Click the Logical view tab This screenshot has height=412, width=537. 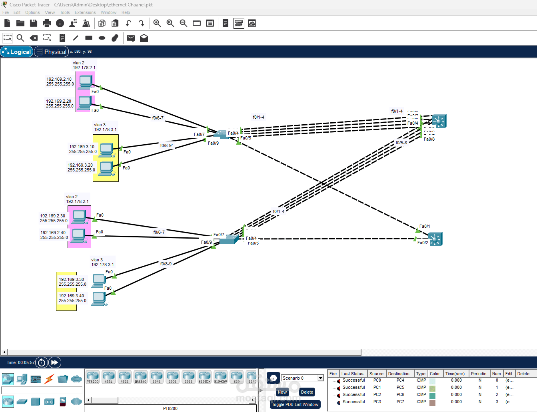17,52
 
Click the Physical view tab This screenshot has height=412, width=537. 51,52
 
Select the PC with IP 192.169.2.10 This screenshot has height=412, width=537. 85,82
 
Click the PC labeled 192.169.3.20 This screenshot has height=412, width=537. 106,168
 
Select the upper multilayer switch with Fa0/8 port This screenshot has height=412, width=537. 439,121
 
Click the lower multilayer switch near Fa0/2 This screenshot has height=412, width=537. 435,239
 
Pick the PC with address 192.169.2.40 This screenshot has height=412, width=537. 78,235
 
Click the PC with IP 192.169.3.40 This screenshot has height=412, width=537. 98,298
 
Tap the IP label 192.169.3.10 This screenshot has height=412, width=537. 82,147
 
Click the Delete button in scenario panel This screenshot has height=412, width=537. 307,392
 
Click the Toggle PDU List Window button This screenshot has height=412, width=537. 295,404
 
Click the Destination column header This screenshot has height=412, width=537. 398,374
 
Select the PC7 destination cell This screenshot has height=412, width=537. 400,402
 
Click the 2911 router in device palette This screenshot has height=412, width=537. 188,377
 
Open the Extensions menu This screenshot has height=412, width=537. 85,12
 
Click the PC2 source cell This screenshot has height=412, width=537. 377,394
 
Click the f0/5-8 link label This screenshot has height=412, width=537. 401,143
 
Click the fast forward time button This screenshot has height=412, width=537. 54,362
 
